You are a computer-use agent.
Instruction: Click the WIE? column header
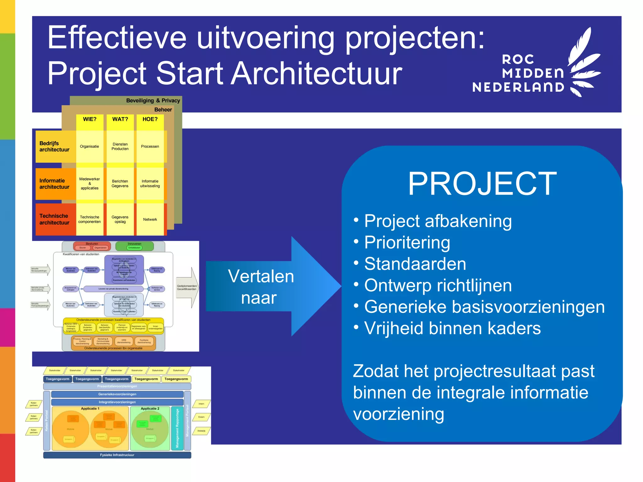(89, 119)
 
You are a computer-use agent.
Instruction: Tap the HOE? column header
(150, 119)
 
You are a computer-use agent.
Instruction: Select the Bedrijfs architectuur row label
(54, 147)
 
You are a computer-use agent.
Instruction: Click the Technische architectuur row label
(54, 219)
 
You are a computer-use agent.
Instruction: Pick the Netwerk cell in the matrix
(150, 219)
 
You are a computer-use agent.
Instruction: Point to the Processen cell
(150, 147)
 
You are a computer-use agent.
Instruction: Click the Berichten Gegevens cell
(120, 184)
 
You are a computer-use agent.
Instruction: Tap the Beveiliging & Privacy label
(153, 101)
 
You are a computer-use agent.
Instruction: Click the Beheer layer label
(163, 110)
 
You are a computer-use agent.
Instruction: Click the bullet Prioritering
(407, 243)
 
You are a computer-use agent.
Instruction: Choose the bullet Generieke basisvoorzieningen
(484, 307)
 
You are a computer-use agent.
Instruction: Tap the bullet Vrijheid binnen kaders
(452, 328)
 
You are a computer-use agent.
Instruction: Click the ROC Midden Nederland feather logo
(584, 63)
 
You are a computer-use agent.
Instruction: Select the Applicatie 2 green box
(150, 428)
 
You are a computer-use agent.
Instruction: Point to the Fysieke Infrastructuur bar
(117, 455)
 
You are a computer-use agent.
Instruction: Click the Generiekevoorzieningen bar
(117, 394)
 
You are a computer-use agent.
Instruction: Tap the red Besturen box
(92, 246)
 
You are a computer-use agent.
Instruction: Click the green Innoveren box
(134, 246)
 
